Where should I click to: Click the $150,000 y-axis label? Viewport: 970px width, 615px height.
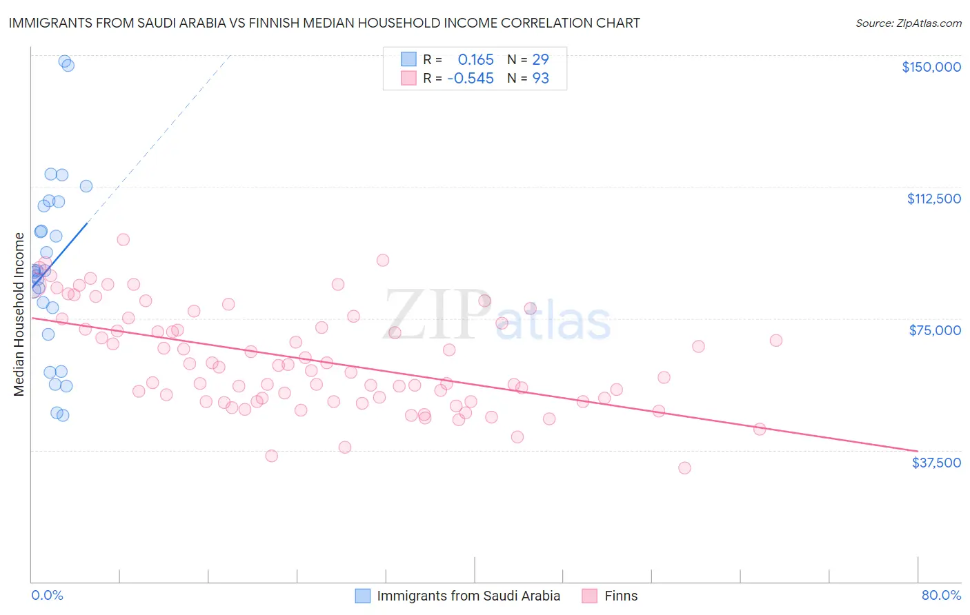point(931,67)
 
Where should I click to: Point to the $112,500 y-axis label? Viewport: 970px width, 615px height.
point(933,199)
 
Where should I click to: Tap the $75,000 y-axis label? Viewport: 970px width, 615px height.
point(935,330)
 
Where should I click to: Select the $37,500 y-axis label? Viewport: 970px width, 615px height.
point(936,463)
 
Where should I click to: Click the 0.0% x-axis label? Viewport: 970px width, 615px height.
point(47,595)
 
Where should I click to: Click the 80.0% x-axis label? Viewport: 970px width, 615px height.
point(941,595)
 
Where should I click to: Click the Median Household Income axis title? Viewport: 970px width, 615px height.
point(19,314)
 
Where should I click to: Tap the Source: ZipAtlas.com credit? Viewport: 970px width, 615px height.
point(908,23)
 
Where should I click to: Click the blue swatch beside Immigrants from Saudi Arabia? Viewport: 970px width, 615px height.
point(363,596)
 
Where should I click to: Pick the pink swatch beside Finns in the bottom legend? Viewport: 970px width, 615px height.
point(589,596)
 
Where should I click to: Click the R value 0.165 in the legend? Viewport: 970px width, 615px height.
point(475,59)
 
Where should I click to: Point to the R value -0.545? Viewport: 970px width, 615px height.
point(470,78)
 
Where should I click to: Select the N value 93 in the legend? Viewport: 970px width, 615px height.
point(540,78)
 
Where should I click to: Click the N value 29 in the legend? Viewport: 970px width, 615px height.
point(540,59)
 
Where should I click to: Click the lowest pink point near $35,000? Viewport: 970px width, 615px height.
point(684,467)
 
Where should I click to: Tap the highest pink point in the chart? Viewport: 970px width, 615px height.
point(123,239)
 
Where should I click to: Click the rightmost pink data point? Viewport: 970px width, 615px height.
point(776,340)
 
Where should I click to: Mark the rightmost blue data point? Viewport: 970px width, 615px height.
point(86,185)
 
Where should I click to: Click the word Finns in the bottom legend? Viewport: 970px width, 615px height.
point(621,596)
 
